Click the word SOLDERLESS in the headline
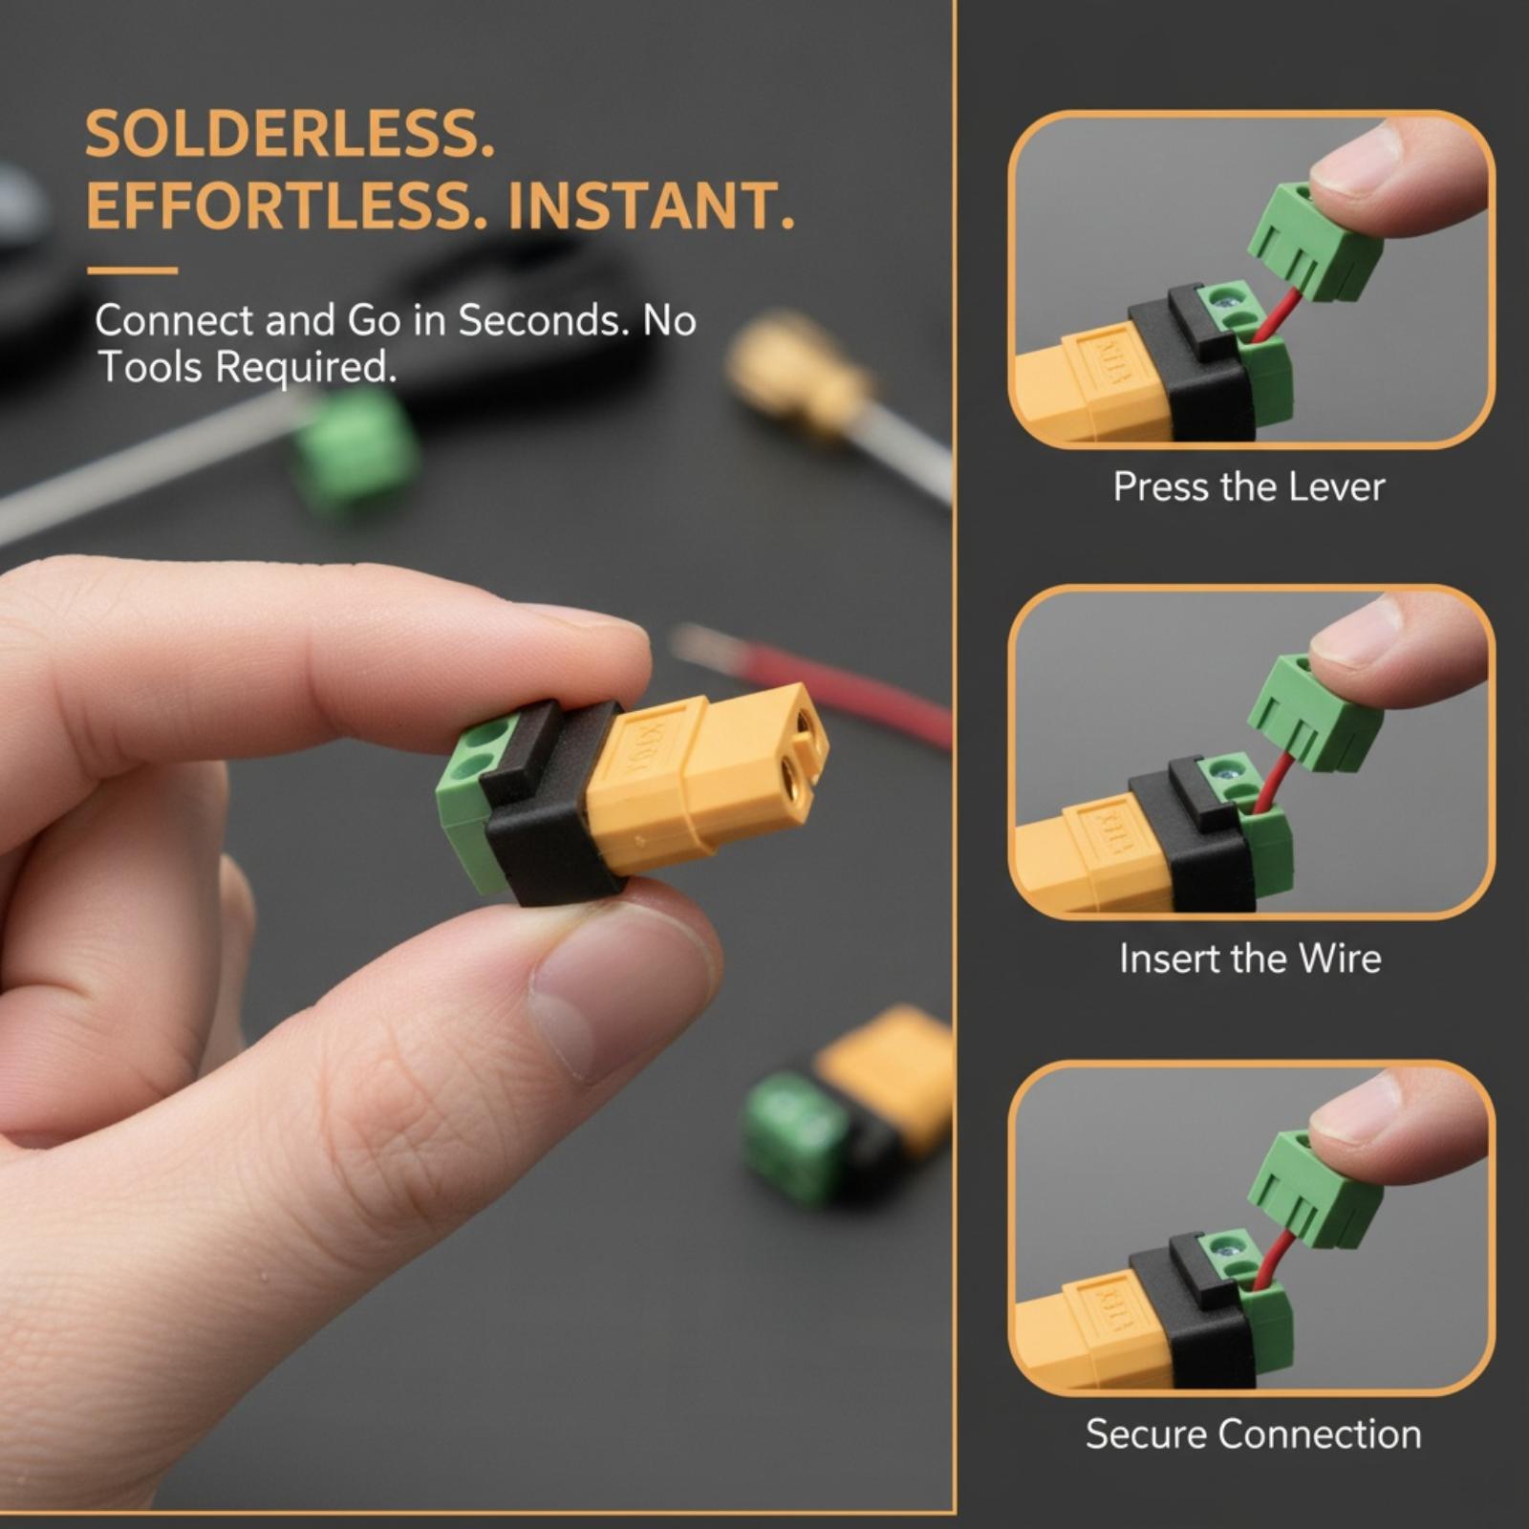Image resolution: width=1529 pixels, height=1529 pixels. tap(290, 134)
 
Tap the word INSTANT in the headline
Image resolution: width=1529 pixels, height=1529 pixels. tap(651, 205)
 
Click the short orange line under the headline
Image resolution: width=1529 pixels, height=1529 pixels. tap(132, 270)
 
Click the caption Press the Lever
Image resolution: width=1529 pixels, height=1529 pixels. tap(1249, 487)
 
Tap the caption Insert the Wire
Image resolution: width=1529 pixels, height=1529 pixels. tap(1250, 958)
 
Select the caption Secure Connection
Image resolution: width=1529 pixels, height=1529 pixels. tap(1253, 1433)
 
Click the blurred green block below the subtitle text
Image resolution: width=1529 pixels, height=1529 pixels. tap(356, 449)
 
